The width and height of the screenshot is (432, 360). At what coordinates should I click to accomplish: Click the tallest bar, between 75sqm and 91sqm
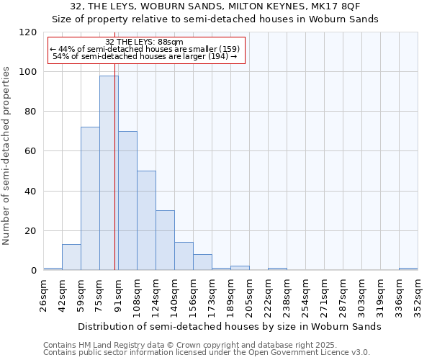[109, 173]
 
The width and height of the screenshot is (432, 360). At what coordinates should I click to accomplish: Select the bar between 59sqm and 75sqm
[90, 199]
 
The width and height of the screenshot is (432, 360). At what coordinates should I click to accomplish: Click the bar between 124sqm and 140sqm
[165, 240]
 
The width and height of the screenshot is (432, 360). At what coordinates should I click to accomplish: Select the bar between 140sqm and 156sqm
[184, 256]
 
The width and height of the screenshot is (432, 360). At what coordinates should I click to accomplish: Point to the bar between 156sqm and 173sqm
[202, 262]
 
